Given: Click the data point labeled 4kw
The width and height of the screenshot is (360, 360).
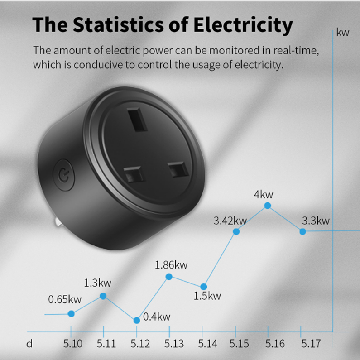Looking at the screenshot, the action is point(268,206).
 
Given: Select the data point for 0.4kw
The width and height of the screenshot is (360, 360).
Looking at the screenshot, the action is point(137,320).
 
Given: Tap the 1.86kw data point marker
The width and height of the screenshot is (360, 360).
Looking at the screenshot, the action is point(169,277).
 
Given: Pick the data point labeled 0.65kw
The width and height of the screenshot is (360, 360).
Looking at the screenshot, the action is point(71,314).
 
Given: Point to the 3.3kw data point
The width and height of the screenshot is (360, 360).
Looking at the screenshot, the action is point(302,231).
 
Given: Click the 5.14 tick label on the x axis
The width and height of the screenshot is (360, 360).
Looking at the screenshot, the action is point(207,344).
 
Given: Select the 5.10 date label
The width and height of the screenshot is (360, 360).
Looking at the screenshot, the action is point(73,344).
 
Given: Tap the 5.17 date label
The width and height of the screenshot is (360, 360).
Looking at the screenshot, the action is point(311,344).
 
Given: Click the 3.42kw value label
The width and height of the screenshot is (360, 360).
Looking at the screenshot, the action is point(230,221).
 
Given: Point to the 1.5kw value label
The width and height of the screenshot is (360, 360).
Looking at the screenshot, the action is point(207,296).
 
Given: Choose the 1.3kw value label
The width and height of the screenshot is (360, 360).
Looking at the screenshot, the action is point(97,283).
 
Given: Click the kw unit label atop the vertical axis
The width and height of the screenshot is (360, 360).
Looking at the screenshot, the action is point(342,33).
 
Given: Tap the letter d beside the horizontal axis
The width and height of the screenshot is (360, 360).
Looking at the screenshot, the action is point(29,344).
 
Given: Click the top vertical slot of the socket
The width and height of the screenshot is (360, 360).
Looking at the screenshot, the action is point(137,120).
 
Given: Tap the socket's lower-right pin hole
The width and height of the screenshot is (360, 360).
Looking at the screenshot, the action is point(178,169).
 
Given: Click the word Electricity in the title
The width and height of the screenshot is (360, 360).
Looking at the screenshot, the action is point(243,25).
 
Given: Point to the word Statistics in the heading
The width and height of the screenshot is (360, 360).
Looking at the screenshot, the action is point(119,24).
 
